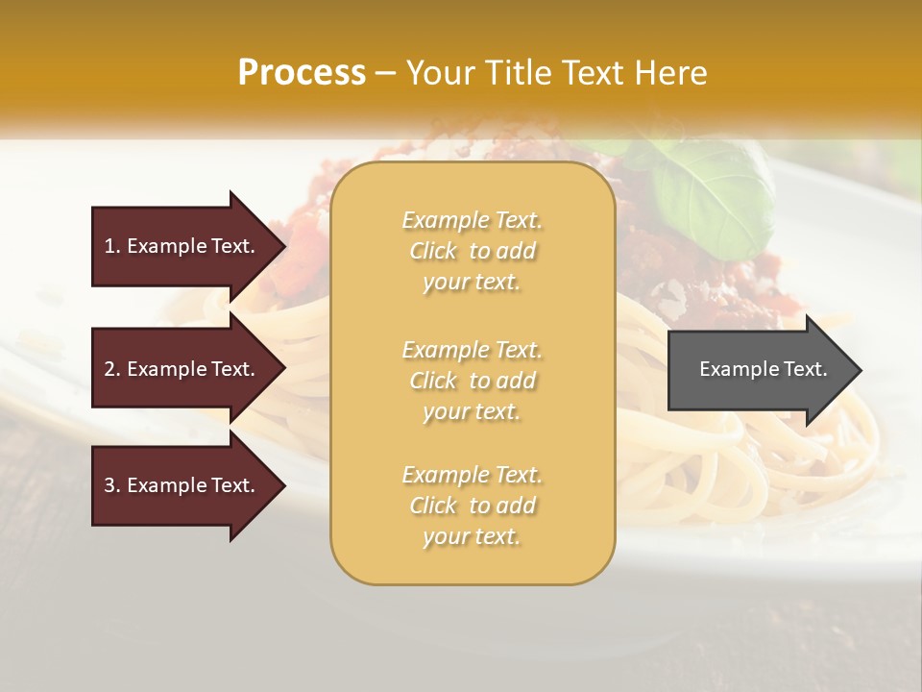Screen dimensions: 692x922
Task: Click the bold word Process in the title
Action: click(302, 73)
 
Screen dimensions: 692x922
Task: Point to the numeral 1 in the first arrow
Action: click(109, 246)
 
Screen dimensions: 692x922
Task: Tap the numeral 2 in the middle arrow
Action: click(109, 369)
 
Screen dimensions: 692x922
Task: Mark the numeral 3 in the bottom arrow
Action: click(109, 485)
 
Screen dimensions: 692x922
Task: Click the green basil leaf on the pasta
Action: click(712, 192)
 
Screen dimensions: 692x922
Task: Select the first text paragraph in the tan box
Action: click(472, 251)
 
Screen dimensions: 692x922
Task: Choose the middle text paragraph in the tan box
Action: click(472, 381)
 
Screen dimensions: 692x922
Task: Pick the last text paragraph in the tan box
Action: click(472, 506)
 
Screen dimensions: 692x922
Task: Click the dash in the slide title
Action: click(385, 74)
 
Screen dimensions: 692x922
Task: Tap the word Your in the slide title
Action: click(437, 73)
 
